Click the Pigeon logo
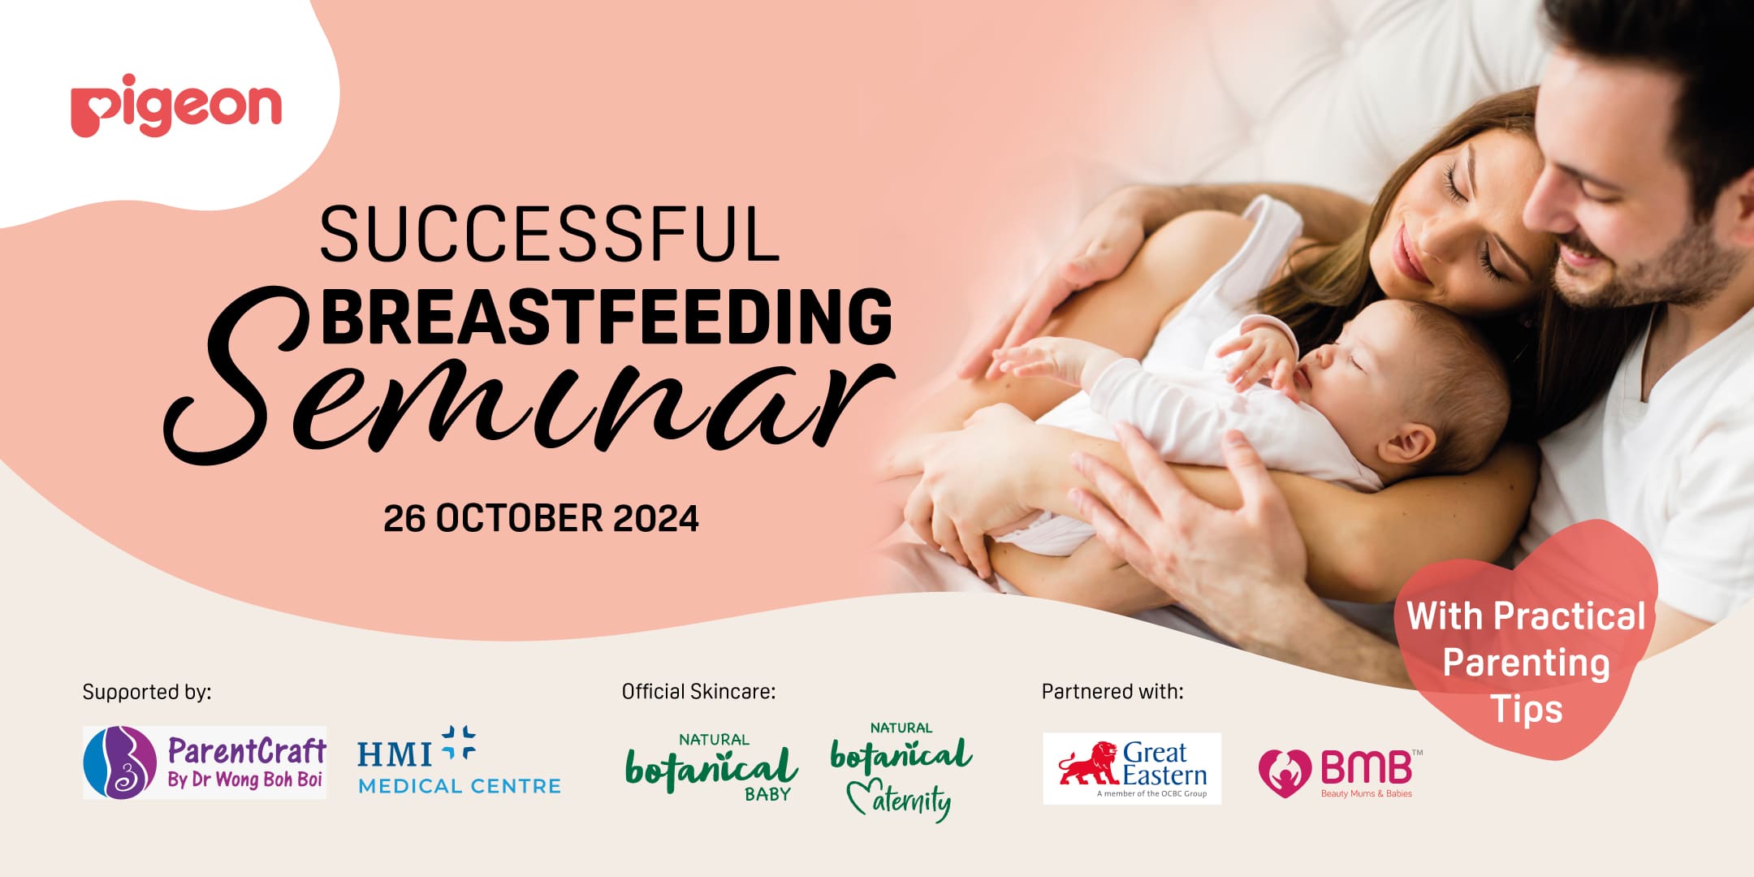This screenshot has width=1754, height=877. point(176,106)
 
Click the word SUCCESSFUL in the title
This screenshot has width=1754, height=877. point(550,234)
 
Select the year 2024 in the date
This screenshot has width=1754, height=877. point(655,519)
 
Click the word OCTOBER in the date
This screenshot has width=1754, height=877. point(519,519)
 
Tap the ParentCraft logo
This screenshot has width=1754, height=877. point(205,763)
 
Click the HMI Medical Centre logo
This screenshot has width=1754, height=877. point(460,761)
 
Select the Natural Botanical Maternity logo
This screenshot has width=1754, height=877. point(901,771)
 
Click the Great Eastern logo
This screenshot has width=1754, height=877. point(1132,768)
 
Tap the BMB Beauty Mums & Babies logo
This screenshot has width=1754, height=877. point(1340,773)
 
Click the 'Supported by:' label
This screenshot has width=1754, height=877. point(147,692)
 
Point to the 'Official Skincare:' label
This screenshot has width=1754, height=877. point(698,692)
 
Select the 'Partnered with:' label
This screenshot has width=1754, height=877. point(1112,692)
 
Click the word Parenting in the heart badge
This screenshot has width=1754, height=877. point(1526,663)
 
